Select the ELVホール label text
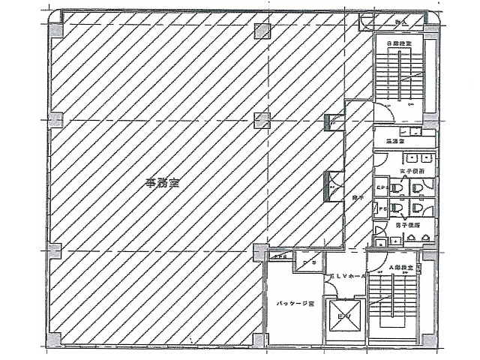coord(346,277)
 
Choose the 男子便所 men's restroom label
coord(406,223)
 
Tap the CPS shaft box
coord(381,187)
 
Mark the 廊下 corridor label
coord(358,197)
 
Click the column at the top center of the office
coord(261,31)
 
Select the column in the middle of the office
coord(260,119)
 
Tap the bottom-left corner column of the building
coord(53,339)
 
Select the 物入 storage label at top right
coord(401,23)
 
